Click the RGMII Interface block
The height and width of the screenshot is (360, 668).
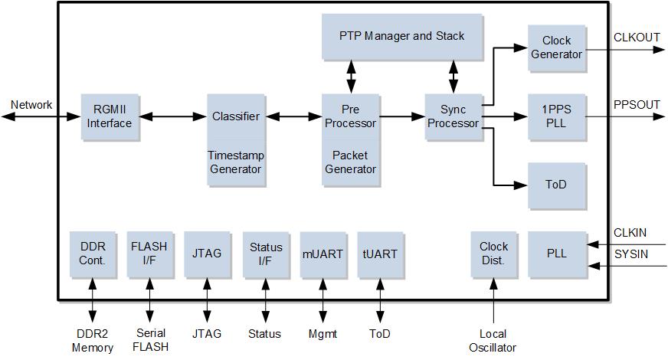point(110,116)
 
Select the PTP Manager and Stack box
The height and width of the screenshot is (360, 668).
point(401,36)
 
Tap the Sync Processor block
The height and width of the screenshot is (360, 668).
point(454,116)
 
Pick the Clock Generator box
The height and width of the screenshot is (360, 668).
point(557,47)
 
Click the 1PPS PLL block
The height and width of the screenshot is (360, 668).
point(557,116)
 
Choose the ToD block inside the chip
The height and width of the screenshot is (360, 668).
point(557,185)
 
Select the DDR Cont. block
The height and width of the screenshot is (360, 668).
point(93,254)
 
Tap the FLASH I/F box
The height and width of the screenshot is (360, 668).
point(150,254)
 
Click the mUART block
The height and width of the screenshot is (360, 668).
point(323,254)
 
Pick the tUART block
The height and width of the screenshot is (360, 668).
point(380,254)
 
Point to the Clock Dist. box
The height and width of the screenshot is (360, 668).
point(494,254)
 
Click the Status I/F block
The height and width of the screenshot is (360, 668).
point(266,254)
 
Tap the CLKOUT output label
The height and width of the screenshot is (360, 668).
point(637,38)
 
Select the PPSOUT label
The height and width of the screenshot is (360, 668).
point(637,105)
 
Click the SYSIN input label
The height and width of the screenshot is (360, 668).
point(631,254)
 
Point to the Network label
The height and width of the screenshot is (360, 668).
point(31,105)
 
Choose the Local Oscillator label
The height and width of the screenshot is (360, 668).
point(493,340)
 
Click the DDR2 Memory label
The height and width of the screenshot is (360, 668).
point(93,340)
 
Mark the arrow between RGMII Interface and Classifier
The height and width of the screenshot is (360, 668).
point(173,116)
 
